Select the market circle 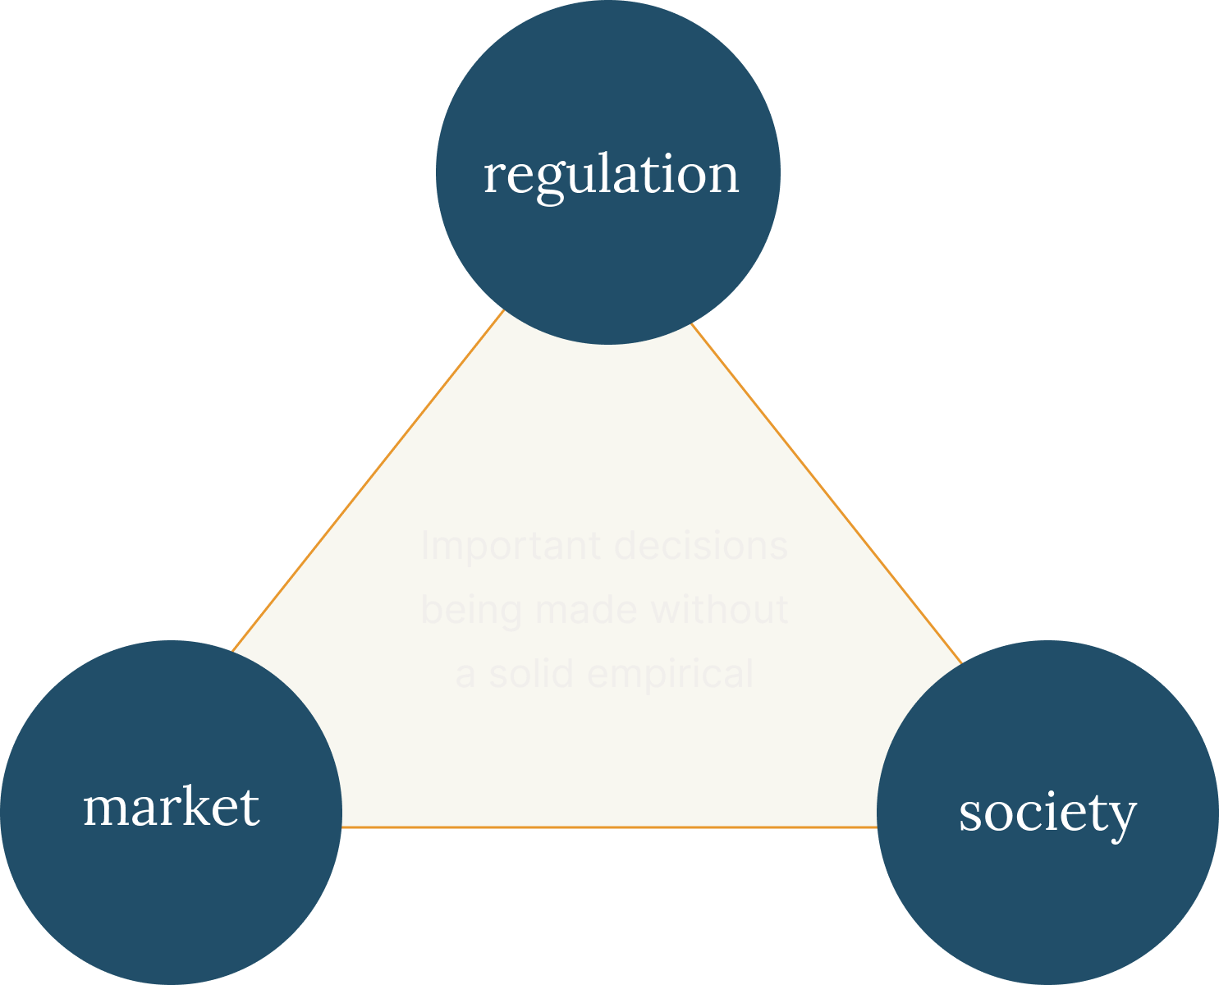tap(171, 886)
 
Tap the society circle tap(1047, 895)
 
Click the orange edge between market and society tap(607, 827)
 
